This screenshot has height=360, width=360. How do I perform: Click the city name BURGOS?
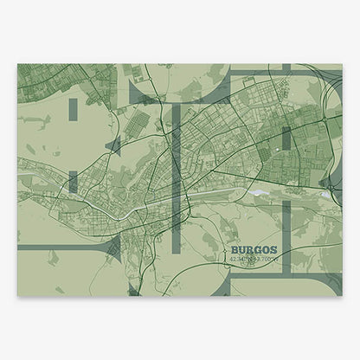[247, 249]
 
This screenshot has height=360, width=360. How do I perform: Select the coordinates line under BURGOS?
[247, 258]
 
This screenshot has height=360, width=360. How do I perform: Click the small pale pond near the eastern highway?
[325, 196]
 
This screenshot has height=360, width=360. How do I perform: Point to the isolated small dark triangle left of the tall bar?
[111, 145]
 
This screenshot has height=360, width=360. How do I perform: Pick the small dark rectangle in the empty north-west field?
[72, 107]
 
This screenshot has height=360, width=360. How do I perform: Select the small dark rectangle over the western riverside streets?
[73, 181]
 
